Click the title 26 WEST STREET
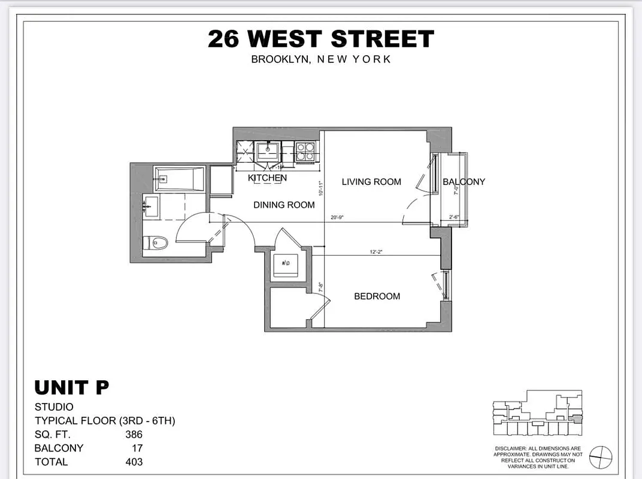click(320, 40)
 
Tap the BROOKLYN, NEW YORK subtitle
click(320, 59)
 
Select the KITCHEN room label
click(267, 178)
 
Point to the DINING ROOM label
click(284, 205)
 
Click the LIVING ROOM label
click(371, 181)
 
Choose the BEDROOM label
click(377, 296)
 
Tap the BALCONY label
click(464, 181)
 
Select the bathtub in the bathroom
click(179, 178)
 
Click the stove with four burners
click(305, 151)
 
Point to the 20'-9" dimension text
click(336, 218)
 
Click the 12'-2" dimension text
click(377, 252)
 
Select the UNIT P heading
click(71, 387)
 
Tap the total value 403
click(134, 462)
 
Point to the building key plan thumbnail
click(537, 413)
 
